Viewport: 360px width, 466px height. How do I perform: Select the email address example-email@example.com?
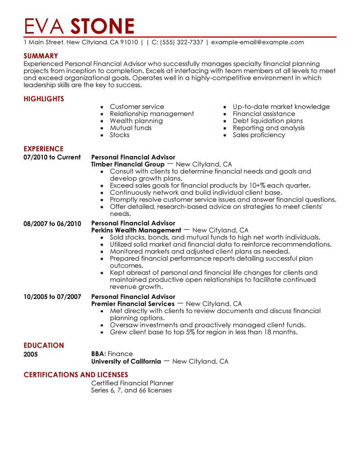257,42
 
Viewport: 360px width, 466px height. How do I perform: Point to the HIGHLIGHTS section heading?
44,99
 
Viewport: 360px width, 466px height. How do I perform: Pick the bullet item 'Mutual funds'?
130,128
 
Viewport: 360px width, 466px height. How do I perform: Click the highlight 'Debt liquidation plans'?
268,121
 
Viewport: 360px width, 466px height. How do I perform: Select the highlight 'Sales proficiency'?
259,135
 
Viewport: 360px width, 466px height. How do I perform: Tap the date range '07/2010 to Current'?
52,157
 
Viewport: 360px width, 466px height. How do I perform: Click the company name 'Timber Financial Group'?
128,164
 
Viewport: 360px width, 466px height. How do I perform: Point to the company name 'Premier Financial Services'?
133,303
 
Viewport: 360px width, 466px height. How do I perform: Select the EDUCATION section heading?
44,345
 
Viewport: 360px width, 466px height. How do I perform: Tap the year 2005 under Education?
31,354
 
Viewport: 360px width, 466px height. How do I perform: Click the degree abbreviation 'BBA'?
98,354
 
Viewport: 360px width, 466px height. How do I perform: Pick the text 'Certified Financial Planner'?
132,383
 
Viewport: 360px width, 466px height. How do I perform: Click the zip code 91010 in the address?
129,42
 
